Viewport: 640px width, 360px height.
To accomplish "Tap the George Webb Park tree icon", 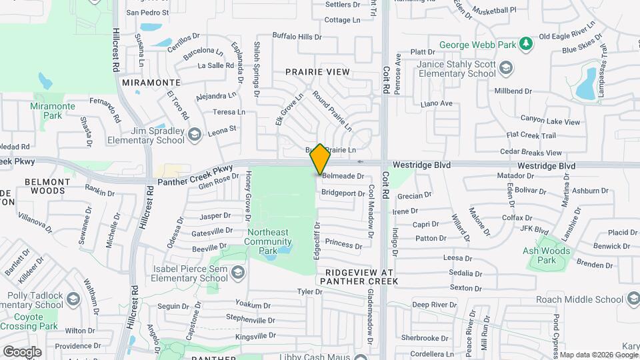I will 527,44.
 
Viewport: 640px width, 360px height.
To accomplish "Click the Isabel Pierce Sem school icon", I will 238,273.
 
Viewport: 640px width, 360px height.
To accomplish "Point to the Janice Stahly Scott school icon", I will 507,68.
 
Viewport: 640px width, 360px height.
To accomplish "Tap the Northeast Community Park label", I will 267,241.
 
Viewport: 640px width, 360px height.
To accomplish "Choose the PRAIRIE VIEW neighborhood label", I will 317,71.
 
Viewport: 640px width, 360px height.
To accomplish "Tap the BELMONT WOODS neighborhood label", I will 45,186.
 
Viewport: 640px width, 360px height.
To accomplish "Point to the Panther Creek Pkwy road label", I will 195,176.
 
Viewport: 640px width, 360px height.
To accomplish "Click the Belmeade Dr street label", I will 343,176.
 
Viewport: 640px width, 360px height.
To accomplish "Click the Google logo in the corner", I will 22,351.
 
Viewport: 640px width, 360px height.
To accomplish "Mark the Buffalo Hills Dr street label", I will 297,36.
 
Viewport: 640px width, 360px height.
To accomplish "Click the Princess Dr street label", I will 344,244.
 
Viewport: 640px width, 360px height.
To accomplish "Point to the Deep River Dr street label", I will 434,305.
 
